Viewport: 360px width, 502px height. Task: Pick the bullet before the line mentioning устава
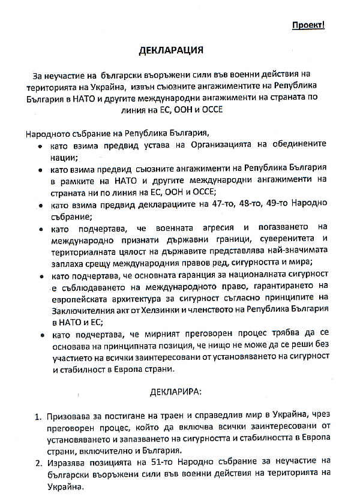tap(40, 146)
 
